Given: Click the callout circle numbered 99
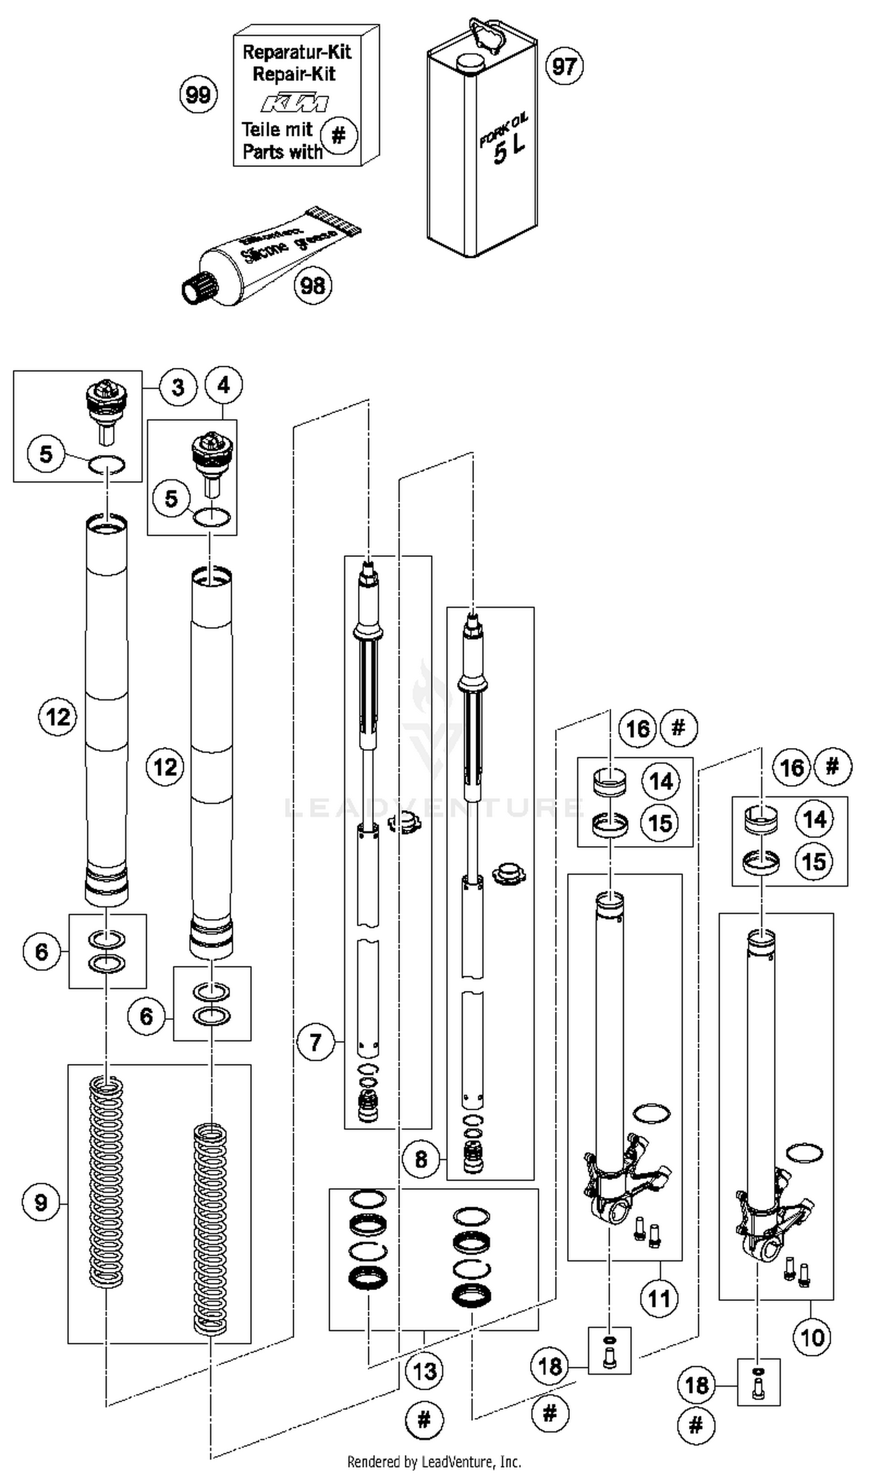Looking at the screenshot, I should pyautogui.click(x=198, y=94).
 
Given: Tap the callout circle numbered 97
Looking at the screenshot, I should pyautogui.click(x=564, y=66).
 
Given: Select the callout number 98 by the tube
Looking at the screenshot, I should pyautogui.click(x=312, y=286).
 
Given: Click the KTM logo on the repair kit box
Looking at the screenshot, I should pyautogui.click(x=294, y=103).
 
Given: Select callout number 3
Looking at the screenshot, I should pyautogui.click(x=177, y=387).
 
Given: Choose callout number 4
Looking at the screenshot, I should pyautogui.click(x=224, y=385).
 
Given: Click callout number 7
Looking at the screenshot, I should pyautogui.click(x=316, y=1042).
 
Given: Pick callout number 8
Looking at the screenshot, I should pyautogui.click(x=421, y=1158).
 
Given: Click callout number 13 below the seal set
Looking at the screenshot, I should pyautogui.click(x=425, y=1371).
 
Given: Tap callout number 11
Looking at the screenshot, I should pyautogui.click(x=659, y=1299).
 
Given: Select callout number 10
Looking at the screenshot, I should pyautogui.click(x=812, y=1337).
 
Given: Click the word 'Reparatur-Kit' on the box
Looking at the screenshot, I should pyautogui.click(x=297, y=52).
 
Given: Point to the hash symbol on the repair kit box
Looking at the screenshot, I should pyautogui.click(x=338, y=136).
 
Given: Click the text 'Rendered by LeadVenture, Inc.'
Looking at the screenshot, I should pyautogui.click(x=434, y=1462).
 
